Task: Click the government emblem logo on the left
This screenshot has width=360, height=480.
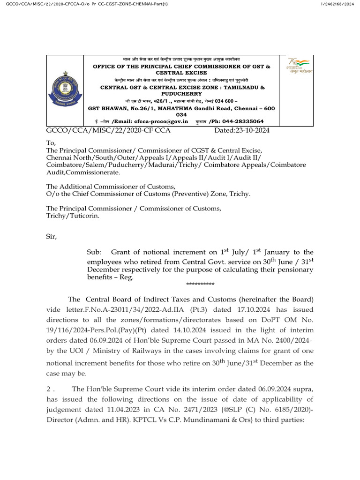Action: coord(64,90)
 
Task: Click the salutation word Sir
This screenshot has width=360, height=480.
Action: coord(51,237)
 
